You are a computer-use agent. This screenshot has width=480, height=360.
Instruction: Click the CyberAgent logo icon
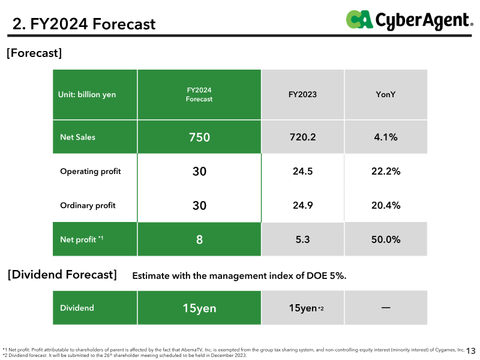click(x=359, y=19)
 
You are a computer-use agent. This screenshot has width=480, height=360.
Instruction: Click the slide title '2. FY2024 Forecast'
click(x=84, y=24)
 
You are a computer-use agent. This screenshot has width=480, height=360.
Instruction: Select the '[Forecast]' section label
click(x=34, y=53)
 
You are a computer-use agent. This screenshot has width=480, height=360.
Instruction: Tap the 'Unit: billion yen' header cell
click(x=87, y=94)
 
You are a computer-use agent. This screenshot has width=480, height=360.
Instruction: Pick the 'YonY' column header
click(x=385, y=94)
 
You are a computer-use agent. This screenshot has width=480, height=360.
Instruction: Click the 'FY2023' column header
click(x=302, y=94)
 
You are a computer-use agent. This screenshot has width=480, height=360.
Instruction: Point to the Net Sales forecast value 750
click(x=199, y=137)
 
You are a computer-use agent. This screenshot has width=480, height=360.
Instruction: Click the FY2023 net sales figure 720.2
click(x=302, y=137)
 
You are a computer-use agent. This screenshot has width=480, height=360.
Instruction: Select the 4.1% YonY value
click(x=386, y=137)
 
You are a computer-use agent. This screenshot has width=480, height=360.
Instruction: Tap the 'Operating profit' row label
click(x=91, y=171)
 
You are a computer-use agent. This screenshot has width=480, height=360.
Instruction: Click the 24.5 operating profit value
click(x=302, y=171)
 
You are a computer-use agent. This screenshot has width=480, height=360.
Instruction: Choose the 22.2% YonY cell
click(x=386, y=171)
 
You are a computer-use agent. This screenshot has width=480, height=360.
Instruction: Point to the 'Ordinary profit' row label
click(x=88, y=205)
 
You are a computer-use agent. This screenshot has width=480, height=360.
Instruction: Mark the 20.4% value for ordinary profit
click(x=386, y=205)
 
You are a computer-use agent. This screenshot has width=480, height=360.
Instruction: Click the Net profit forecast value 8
click(x=199, y=239)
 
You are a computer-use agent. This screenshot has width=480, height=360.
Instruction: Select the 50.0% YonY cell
click(x=386, y=239)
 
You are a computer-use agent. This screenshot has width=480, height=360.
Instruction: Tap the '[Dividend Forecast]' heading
click(x=62, y=275)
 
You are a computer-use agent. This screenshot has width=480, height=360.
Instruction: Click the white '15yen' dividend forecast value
click(x=199, y=308)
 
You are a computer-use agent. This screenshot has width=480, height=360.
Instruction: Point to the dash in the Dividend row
click(x=386, y=307)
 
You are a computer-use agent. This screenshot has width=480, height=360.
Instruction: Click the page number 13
click(x=471, y=351)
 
